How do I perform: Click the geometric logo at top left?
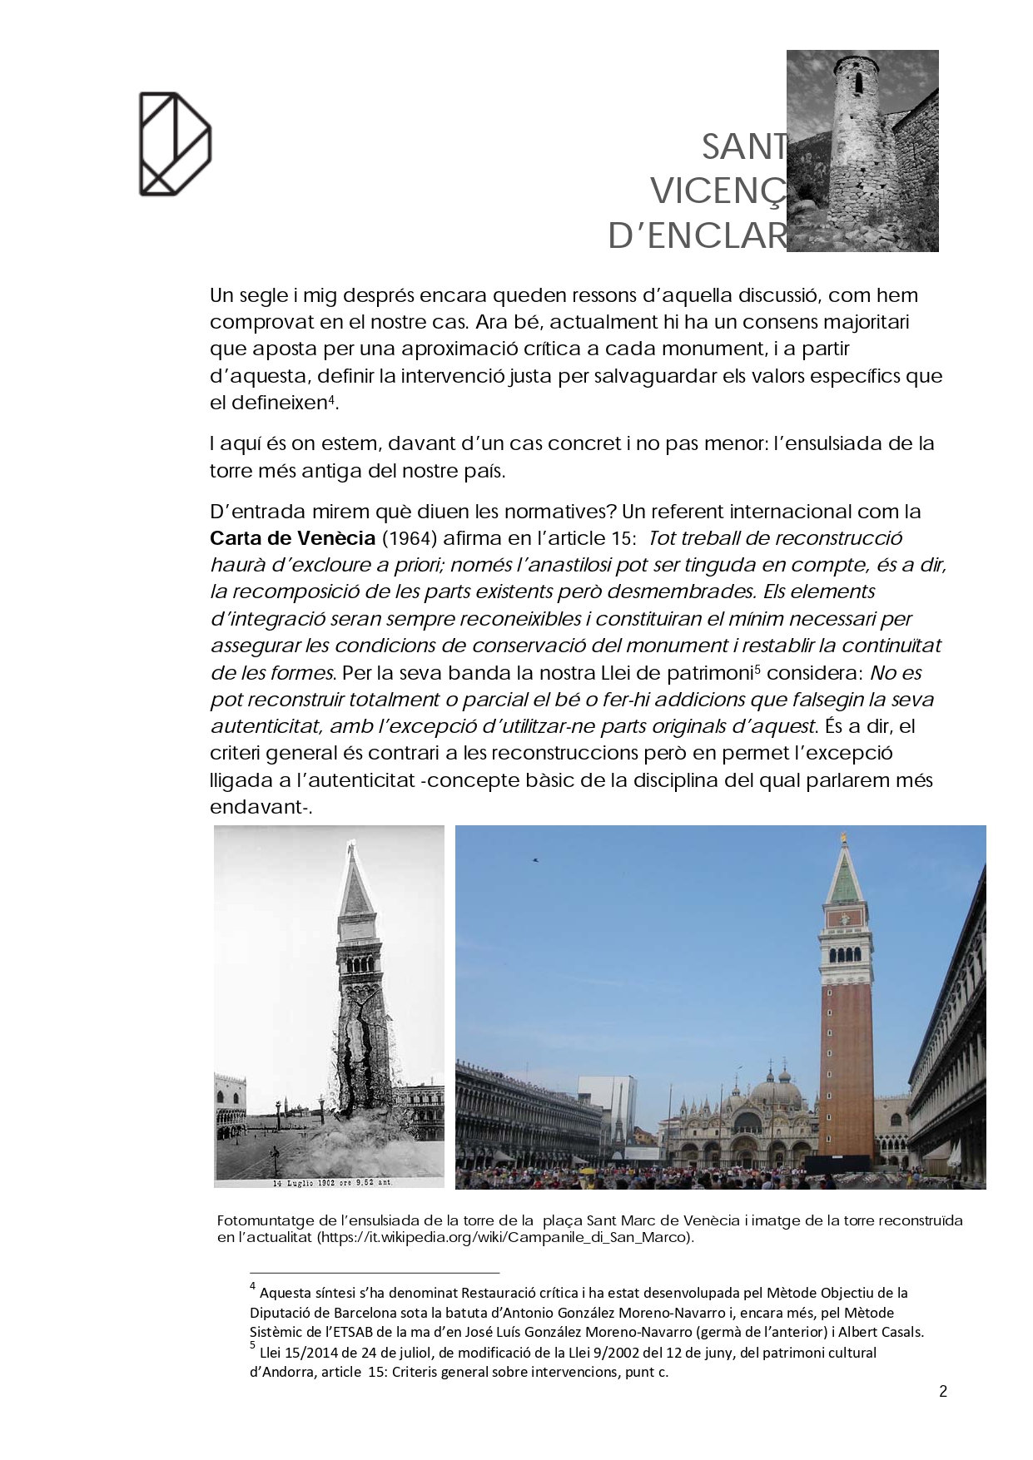[175, 144]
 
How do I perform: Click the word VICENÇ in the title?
[718, 192]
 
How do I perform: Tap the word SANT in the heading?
[743, 147]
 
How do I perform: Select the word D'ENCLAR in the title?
[697, 236]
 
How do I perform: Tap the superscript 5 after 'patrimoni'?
[757, 668]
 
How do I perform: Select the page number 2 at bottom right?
[943, 1391]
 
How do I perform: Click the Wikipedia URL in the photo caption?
[504, 1237]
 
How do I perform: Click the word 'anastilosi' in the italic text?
[563, 565]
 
